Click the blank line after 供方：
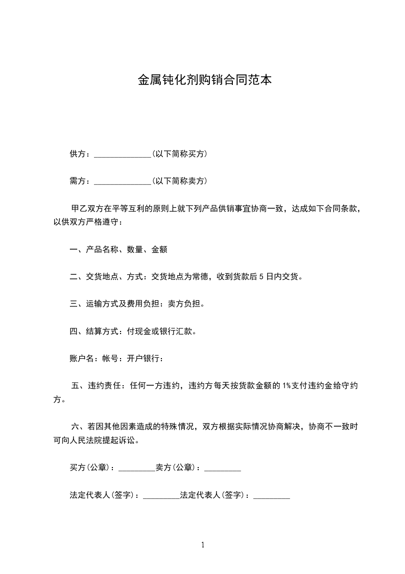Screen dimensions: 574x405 (x=123, y=154)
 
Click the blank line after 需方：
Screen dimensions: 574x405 (x=123, y=181)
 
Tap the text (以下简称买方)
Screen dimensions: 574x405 (x=179, y=154)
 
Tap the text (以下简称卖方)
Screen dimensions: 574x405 (x=179, y=181)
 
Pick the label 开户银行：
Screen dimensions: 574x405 (x=146, y=359)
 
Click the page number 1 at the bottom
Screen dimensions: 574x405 (x=203, y=545)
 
